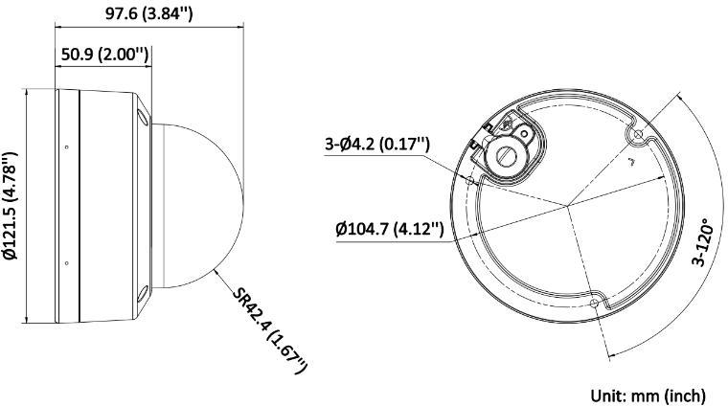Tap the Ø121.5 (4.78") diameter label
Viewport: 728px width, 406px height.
click(11, 206)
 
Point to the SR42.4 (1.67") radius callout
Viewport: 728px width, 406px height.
click(272, 327)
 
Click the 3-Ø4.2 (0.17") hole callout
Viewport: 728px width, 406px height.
click(377, 146)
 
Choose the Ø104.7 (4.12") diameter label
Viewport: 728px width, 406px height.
click(389, 229)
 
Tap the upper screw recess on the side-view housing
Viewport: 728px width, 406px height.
click(143, 116)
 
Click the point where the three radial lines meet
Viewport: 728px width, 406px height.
click(566, 205)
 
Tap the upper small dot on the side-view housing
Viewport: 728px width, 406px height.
click(65, 147)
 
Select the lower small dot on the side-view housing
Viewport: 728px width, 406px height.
click(65, 262)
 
